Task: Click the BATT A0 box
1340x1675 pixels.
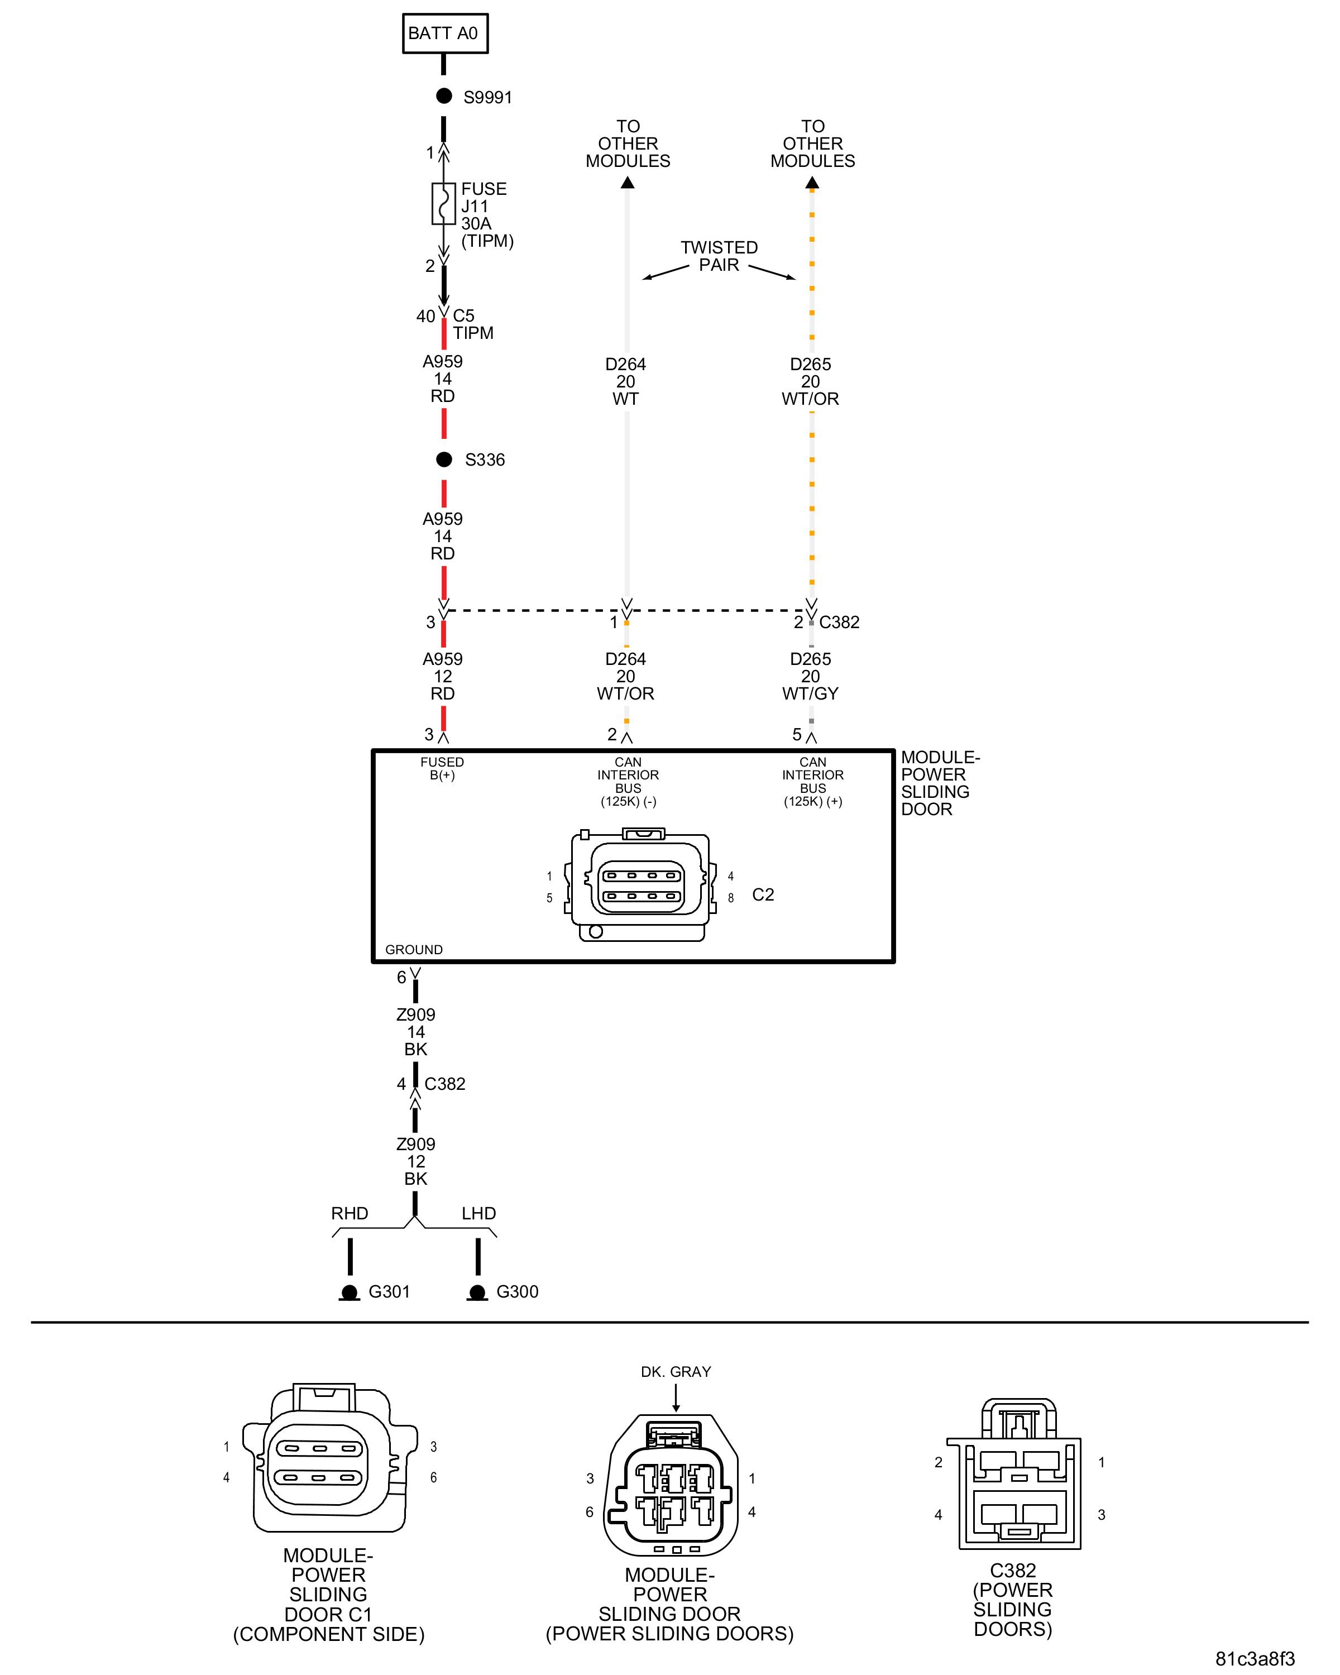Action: click(x=444, y=33)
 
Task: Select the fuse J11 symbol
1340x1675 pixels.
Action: click(x=443, y=204)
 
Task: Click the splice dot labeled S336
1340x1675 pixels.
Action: click(x=443, y=459)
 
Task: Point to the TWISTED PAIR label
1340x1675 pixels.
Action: click(x=719, y=256)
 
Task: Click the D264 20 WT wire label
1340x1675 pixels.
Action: click(x=625, y=381)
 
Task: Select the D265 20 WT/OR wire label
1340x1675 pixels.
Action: click(x=810, y=381)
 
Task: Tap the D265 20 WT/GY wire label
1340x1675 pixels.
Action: click(x=810, y=676)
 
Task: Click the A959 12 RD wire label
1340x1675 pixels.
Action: click(x=442, y=676)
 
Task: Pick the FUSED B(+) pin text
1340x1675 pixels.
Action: click(x=442, y=768)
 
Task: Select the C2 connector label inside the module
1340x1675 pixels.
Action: click(x=763, y=894)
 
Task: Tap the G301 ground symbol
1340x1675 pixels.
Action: click(x=350, y=1292)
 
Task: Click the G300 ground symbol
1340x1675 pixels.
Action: click(x=477, y=1292)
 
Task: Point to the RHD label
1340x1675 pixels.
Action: click(x=350, y=1213)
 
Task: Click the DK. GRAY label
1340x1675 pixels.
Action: click(x=675, y=1372)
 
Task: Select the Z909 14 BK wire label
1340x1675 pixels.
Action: click(x=415, y=1032)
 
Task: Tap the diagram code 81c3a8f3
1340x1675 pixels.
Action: click(x=1255, y=1659)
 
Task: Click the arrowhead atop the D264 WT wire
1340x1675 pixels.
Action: click(x=628, y=183)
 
